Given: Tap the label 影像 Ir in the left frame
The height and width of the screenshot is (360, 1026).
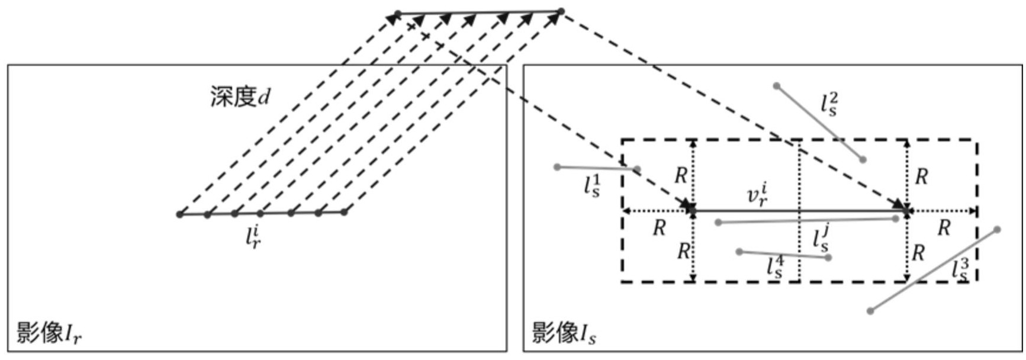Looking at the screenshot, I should [x=49, y=333].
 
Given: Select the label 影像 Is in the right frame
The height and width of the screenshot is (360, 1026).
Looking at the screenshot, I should [x=564, y=333].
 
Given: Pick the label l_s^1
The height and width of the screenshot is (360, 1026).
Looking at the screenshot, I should [x=592, y=185].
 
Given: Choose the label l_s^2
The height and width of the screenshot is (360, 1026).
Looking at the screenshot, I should [x=829, y=104].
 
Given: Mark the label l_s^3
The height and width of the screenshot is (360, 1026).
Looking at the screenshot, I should [x=960, y=269].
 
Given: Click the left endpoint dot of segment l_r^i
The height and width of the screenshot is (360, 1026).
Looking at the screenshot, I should [x=180, y=214].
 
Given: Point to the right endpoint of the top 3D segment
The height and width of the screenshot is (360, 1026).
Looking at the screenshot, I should [x=561, y=11].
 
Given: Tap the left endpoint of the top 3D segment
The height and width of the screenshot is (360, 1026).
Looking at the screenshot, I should [x=398, y=13].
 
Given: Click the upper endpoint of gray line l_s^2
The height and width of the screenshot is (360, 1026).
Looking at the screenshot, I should [x=777, y=86].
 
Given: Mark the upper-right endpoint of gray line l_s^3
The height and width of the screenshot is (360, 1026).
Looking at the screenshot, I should [x=997, y=230].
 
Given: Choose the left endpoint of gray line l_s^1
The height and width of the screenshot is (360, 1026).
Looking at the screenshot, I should [x=557, y=167].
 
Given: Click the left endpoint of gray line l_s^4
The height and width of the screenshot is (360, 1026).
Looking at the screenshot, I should [x=739, y=252].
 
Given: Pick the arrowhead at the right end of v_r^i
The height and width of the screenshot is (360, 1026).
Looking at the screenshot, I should [x=906, y=210].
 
